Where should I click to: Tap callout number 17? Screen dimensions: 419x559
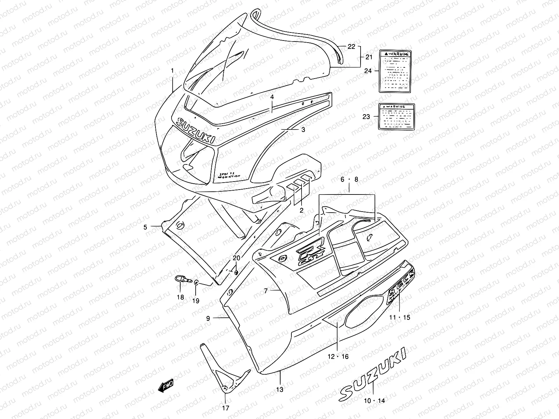tap(226, 408)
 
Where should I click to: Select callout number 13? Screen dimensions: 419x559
tap(280, 389)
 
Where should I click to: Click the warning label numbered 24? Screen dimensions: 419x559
tap(395, 71)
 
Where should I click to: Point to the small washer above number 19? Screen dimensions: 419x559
tap(196, 282)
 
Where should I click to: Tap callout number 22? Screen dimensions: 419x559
tap(351, 46)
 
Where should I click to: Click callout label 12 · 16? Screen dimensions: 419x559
tap(338, 356)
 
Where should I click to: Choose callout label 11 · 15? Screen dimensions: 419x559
tap(400, 317)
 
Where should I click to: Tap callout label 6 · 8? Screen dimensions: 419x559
tap(349, 179)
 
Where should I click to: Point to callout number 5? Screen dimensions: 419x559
tap(145, 227)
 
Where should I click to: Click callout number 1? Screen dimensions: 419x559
tap(172, 71)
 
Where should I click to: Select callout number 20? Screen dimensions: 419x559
tap(237, 258)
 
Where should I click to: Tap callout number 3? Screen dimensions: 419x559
tap(303, 130)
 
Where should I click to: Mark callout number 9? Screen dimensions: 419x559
tap(208, 318)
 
